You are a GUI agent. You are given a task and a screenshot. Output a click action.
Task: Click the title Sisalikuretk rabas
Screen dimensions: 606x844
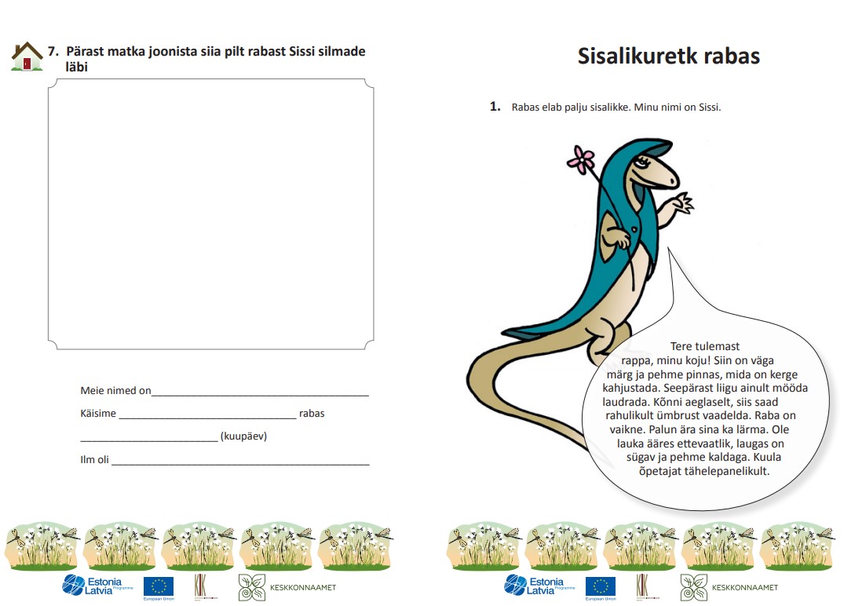pyautogui.click(x=668, y=57)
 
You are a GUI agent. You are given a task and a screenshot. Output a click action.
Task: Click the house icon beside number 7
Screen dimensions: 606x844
pyautogui.click(x=27, y=57)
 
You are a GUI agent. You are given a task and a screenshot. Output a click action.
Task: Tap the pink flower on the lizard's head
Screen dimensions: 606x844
pyautogui.click(x=580, y=159)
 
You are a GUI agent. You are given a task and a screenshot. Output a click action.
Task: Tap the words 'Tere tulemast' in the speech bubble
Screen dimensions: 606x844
pyautogui.click(x=704, y=346)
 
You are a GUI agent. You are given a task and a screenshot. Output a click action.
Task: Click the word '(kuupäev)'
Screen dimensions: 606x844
pyautogui.click(x=243, y=436)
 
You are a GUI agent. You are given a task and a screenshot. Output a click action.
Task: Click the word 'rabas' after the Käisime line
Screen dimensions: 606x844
pyautogui.click(x=312, y=414)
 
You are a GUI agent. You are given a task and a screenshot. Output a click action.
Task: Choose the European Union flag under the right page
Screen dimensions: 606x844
pyautogui.click(x=601, y=586)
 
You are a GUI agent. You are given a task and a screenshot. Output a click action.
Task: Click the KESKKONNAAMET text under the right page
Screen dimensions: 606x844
pyautogui.click(x=744, y=587)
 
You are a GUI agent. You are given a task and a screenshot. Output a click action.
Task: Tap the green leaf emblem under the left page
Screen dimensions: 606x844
pyautogui.click(x=251, y=586)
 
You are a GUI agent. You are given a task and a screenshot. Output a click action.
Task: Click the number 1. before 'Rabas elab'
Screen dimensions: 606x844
pyautogui.click(x=495, y=107)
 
